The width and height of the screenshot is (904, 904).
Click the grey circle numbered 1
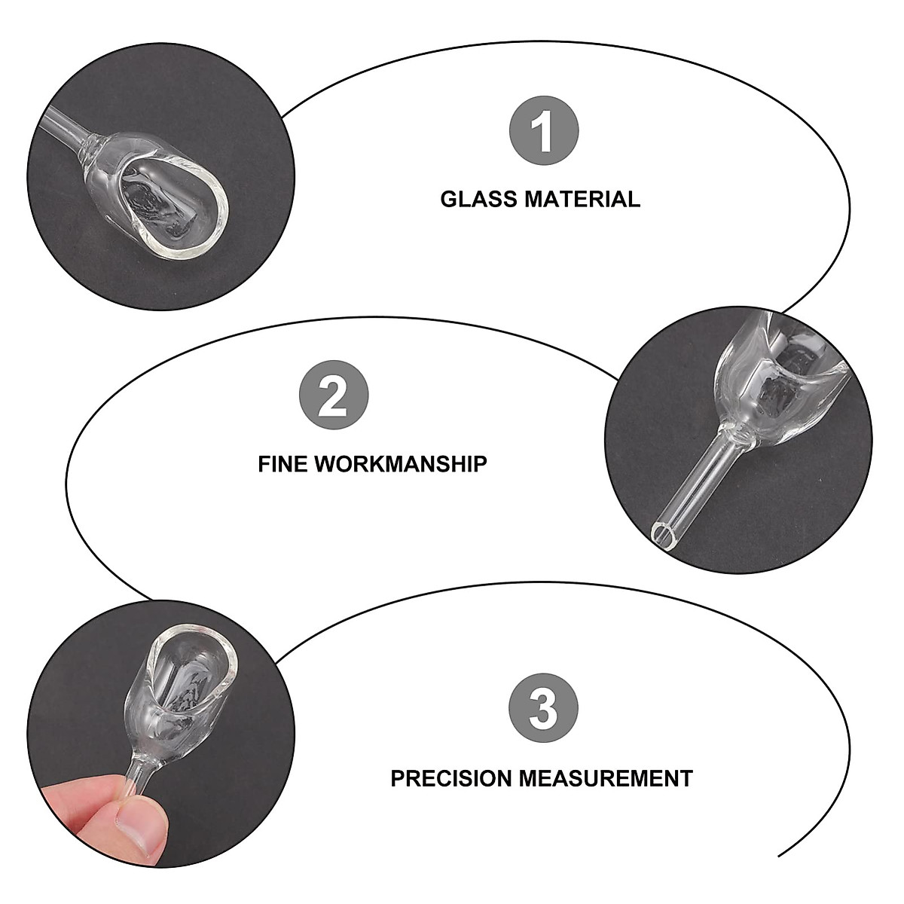point(544,131)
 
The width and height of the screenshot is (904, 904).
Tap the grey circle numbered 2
point(334,396)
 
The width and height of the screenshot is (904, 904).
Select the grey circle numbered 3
point(544,709)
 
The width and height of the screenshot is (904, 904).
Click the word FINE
point(283,463)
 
